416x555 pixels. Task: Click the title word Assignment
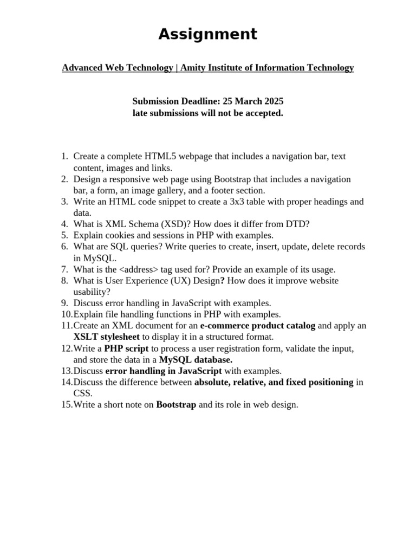point(207,34)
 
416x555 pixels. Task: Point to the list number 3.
point(64,202)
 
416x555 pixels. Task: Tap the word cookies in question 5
point(119,235)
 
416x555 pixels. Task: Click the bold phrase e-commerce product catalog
point(257,326)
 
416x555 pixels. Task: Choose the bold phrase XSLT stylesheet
point(107,337)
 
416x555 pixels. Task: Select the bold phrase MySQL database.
point(196,359)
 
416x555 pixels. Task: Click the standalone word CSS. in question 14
point(83,393)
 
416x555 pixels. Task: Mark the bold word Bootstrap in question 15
point(176,405)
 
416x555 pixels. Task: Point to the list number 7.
point(64,269)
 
